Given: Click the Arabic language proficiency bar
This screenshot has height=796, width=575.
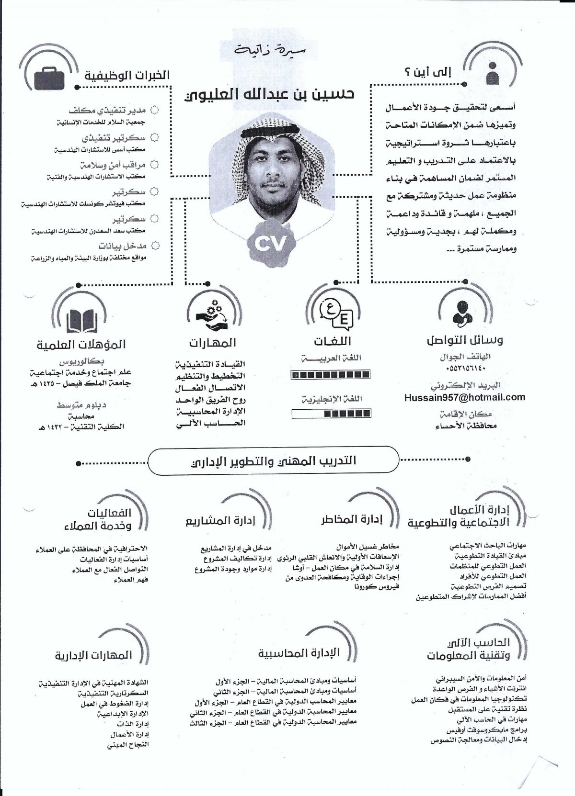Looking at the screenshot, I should click(x=331, y=375).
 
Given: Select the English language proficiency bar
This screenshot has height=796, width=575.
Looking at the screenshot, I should click(x=331, y=413).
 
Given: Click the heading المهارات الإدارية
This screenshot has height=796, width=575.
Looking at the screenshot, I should click(x=93, y=655).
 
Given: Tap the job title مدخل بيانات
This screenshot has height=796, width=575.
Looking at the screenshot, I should click(x=123, y=246).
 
